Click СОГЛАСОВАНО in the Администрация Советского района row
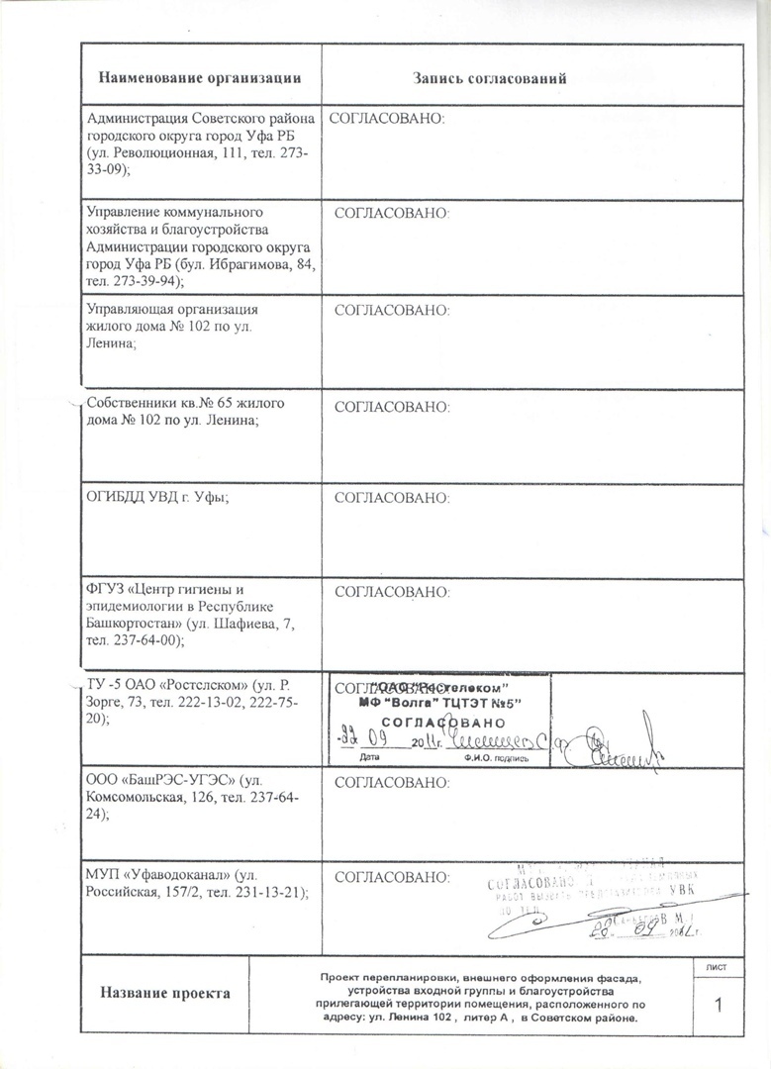(387, 119)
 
